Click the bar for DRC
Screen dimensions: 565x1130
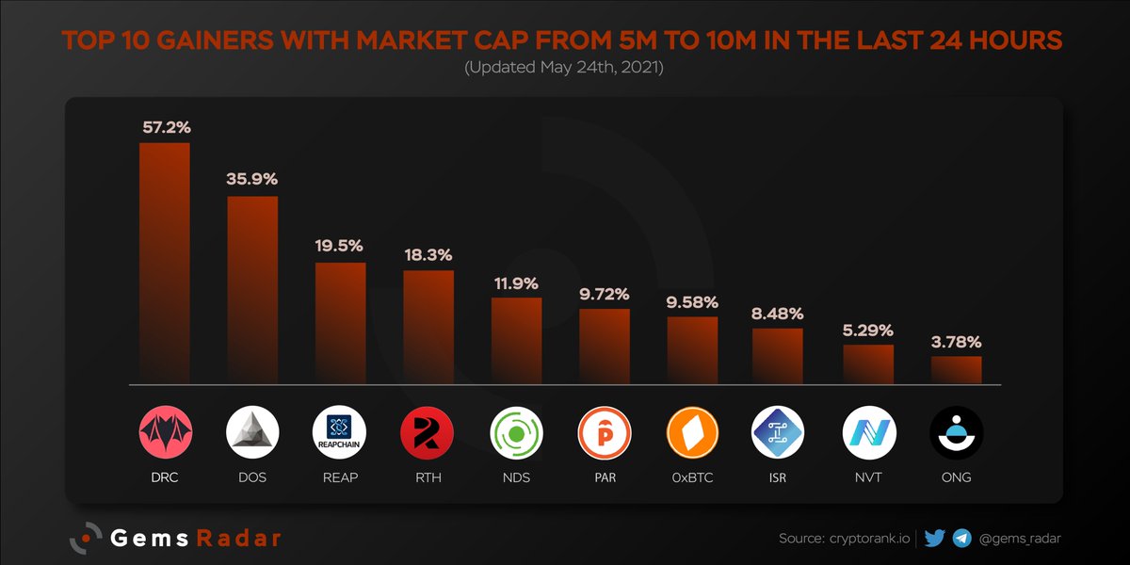click(x=165, y=264)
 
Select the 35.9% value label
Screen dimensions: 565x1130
click(x=251, y=178)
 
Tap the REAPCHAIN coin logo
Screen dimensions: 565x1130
click(x=339, y=434)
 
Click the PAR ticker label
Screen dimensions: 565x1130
click(x=604, y=477)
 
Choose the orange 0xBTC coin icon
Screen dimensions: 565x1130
click(x=693, y=434)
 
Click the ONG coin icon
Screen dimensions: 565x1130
click(x=957, y=434)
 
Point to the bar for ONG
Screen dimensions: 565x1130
click(x=957, y=370)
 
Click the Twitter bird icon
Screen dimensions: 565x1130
click(x=935, y=539)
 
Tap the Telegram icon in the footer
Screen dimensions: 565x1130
click(x=962, y=539)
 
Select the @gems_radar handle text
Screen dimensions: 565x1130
click(x=1021, y=539)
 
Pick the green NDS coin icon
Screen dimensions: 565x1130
click(x=517, y=434)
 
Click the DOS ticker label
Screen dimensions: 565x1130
click(x=251, y=477)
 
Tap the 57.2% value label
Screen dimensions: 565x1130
click(x=166, y=125)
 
